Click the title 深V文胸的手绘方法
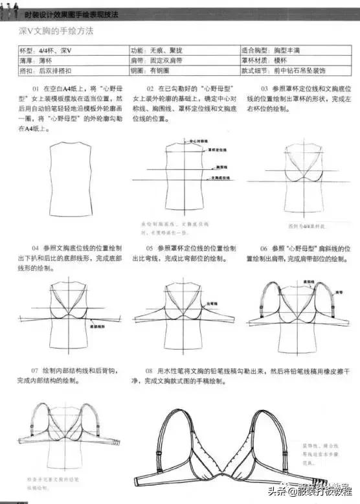click(x=59, y=30)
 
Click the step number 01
click(x=36, y=88)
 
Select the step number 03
click(x=265, y=88)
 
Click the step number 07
click(x=36, y=371)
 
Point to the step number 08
click(x=150, y=371)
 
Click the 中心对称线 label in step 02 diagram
click(x=197, y=139)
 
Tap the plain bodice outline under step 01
click(x=67, y=173)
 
